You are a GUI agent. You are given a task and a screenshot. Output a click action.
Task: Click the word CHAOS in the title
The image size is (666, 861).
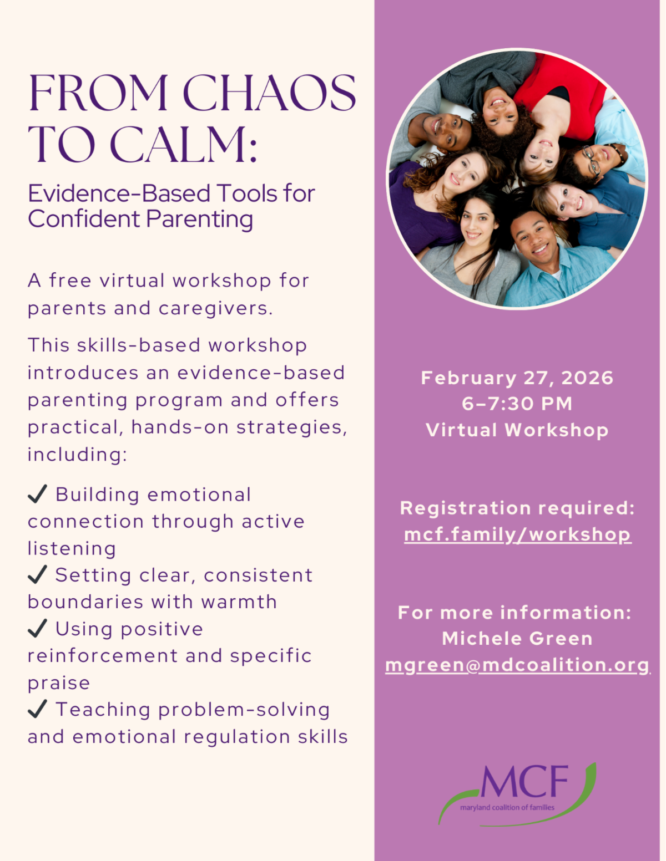pyautogui.click(x=269, y=93)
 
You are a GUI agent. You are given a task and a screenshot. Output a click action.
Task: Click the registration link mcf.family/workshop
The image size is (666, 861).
pyautogui.click(x=517, y=534)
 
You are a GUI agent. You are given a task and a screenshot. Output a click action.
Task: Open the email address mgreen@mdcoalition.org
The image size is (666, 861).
pyautogui.click(x=517, y=665)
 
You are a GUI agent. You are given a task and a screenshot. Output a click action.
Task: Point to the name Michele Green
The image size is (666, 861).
pyautogui.click(x=517, y=639)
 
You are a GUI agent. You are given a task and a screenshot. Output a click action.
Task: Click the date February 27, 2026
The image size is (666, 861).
pyautogui.click(x=517, y=378)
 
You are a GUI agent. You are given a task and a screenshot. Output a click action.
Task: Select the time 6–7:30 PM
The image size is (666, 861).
pyautogui.click(x=517, y=404)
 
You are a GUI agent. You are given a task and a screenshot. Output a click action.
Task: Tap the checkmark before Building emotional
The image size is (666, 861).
pyautogui.click(x=37, y=493)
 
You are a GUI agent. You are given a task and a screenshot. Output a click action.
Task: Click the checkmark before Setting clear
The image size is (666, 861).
pyautogui.click(x=37, y=574)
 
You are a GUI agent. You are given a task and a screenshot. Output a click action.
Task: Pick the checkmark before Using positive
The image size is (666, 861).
pyautogui.click(x=37, y=628)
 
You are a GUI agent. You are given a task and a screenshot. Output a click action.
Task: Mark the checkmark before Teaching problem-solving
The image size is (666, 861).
pyautogui.click(x=37, y=709)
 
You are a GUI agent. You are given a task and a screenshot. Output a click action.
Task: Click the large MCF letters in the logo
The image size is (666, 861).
pyautogui.click(x=524, y=782)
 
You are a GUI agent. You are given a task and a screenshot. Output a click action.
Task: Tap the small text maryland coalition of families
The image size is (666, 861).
pyautogui.click(x=507, y=808)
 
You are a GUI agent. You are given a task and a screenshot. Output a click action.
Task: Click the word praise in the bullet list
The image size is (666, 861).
pyautogui.click(x=59, y=683)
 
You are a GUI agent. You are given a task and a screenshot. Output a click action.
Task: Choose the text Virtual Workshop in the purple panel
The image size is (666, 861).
pyautogui.click(x=517, y=430)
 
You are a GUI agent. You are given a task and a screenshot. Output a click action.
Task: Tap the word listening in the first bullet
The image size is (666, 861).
pyautogui.click(x=72, y=548)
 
